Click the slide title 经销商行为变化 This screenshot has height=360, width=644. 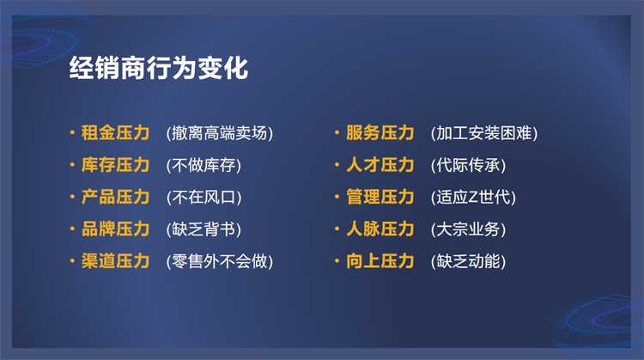click(159, 68)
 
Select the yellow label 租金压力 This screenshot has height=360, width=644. click(115, 132)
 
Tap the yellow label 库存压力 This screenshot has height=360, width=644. click(115, 165)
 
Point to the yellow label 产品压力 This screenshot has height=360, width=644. click(115, 197)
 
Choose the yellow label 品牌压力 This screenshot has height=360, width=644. click(115, 229)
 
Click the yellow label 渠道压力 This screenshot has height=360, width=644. click(115, 261)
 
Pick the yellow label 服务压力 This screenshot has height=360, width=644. click(380, 132)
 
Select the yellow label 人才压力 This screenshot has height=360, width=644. click(380, 165)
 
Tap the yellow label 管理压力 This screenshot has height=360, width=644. click(380, 197)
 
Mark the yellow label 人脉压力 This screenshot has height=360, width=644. click(380, 229)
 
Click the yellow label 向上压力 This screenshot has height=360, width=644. click(380, 261)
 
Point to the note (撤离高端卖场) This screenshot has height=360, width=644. click(220, 133)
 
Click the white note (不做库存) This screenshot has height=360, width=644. click(204, 165)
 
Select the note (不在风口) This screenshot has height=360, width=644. click(204, 198)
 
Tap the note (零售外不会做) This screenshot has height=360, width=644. click(220, 261)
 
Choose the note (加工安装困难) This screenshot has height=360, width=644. click(484, 133)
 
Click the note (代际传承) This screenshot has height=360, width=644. click(468, 165)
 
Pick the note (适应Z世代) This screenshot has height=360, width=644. click(473, 198)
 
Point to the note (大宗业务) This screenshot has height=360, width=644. click(468, 229)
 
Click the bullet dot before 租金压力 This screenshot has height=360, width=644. click(72, 132)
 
